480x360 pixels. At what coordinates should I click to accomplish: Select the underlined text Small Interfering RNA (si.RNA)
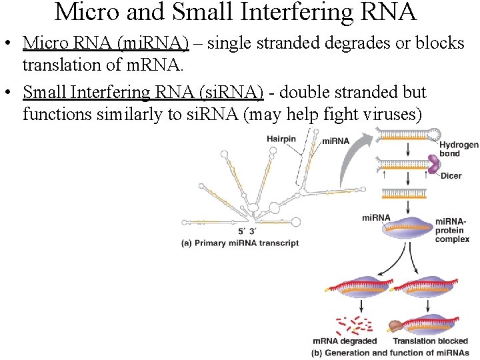(143, 93)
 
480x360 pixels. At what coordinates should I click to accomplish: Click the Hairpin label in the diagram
(281, 139)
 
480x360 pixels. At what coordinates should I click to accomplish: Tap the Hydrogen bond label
(458, 149)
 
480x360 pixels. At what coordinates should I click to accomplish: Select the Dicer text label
(451, 176)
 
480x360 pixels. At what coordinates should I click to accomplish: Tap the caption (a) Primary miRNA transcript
(240, 243)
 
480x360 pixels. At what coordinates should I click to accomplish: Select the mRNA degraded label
(345, 341)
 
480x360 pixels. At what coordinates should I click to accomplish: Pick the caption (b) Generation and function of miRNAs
(390, 353)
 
